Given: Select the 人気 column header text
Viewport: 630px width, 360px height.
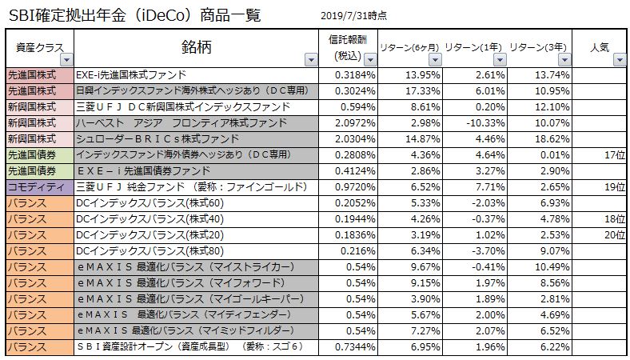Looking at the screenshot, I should [x=597, y=46].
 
